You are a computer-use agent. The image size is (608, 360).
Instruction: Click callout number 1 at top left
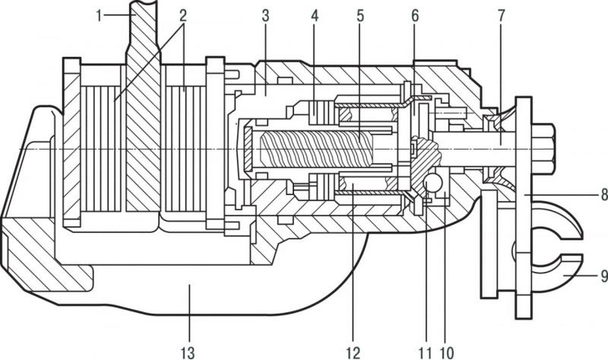tap(100, 16)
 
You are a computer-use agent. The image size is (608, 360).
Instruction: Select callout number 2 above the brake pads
tap(183, 16)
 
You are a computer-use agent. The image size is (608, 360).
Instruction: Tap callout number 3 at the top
tap(265, 16)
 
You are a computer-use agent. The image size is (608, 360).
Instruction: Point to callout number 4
tap(315, 16)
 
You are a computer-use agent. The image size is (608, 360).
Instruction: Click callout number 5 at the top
tap(360, 16)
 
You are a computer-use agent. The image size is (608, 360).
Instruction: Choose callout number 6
tap(415, 16)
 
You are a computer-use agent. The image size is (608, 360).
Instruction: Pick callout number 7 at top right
tap(502, 16)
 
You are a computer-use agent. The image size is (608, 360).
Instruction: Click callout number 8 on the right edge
tap(603, 194)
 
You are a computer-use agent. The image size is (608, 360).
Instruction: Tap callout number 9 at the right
tap(603, 276)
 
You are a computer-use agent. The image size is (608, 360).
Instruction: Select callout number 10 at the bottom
tap(447, 352)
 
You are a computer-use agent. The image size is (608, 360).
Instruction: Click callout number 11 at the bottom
tap(425, 352)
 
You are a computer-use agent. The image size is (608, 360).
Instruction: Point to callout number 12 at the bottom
tap(353, 352)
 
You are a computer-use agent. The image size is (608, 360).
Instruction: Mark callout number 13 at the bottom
tap(188, 352)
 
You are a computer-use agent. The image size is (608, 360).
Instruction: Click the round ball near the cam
tap(433, 182)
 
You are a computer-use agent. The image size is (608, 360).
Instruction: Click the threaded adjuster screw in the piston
tap(316, 149)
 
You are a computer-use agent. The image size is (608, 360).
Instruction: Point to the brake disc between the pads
tap(143, 131)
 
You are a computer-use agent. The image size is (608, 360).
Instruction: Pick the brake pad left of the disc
tap(103, 149)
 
